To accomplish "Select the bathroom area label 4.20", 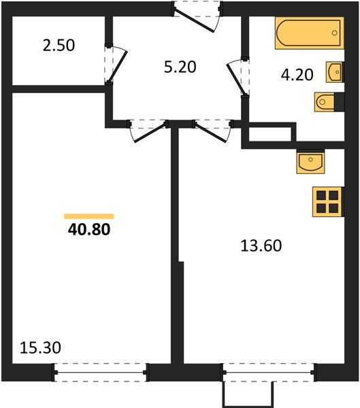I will [x=297, y=75].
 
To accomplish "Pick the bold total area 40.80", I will [x=88, y=230].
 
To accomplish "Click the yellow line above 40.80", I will [x=88, y=216].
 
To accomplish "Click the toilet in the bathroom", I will [x=326, y=102].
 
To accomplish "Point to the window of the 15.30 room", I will [x=101, y=373].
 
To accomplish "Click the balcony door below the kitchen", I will [x=269, y=373].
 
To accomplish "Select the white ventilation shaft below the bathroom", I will [x=269, y=135].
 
